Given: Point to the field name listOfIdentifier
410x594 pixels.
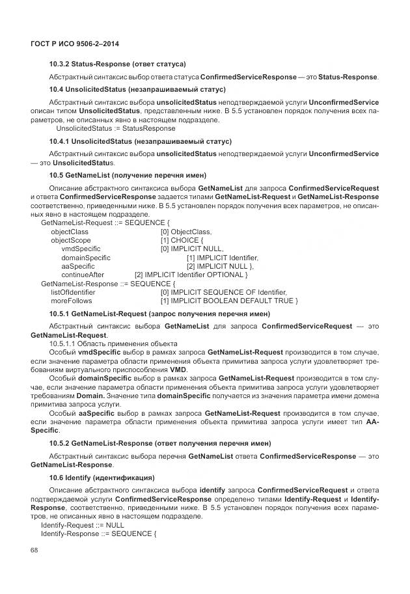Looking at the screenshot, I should pos(72,292).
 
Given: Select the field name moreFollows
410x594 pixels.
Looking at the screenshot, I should pos(72,301).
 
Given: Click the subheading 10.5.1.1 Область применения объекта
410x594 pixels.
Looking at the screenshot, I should pos(113,344).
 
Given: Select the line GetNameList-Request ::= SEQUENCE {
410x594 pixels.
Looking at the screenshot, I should pos(105,223).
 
